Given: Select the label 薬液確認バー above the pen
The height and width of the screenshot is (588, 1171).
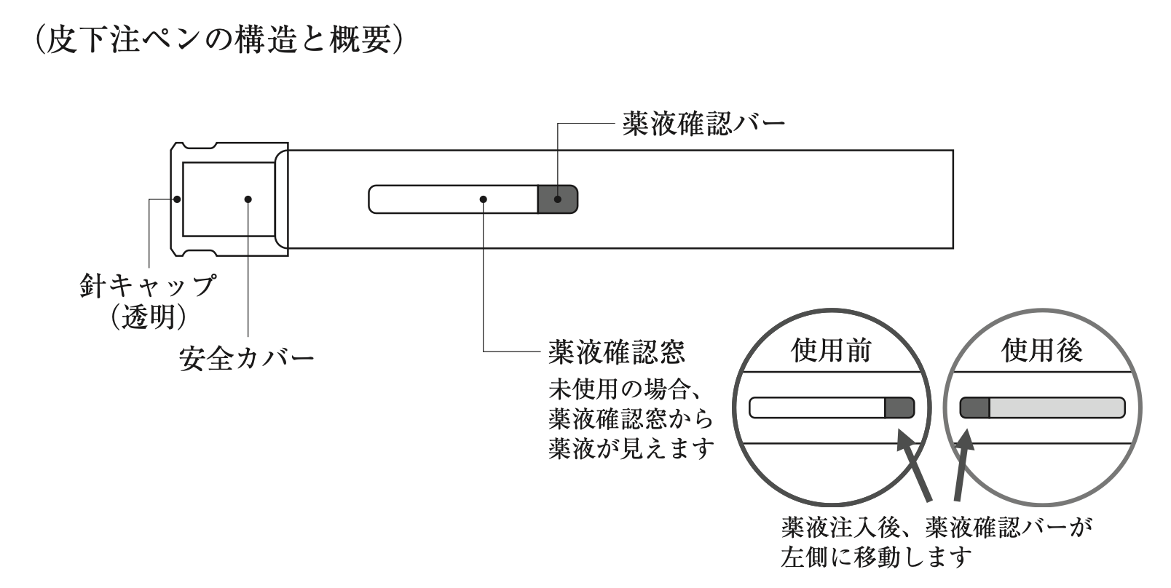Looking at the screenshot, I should point(703,123).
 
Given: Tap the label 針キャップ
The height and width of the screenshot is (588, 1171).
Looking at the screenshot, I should point(148,285).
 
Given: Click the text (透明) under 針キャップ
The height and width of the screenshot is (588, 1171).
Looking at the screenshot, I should point(148,316).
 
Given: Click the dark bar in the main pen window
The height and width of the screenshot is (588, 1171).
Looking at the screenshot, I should point(557,199).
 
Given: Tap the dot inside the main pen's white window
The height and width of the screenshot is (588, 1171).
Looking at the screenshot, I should point(484,199).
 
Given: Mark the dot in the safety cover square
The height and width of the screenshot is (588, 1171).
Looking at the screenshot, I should point(248,199).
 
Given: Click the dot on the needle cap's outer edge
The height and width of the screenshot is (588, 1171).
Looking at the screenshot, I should point(176,198).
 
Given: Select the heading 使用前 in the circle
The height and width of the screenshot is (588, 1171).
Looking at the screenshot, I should point(831,351).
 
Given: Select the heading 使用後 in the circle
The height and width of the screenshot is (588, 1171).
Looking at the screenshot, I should point(1042,351).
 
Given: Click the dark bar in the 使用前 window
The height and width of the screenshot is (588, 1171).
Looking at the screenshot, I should point(899,408).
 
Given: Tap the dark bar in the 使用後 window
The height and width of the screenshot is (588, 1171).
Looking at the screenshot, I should point(974,408).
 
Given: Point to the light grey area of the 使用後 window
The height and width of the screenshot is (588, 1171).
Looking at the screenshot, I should point(1056,408).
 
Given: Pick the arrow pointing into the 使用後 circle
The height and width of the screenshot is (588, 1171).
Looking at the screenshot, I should point(961,466).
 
